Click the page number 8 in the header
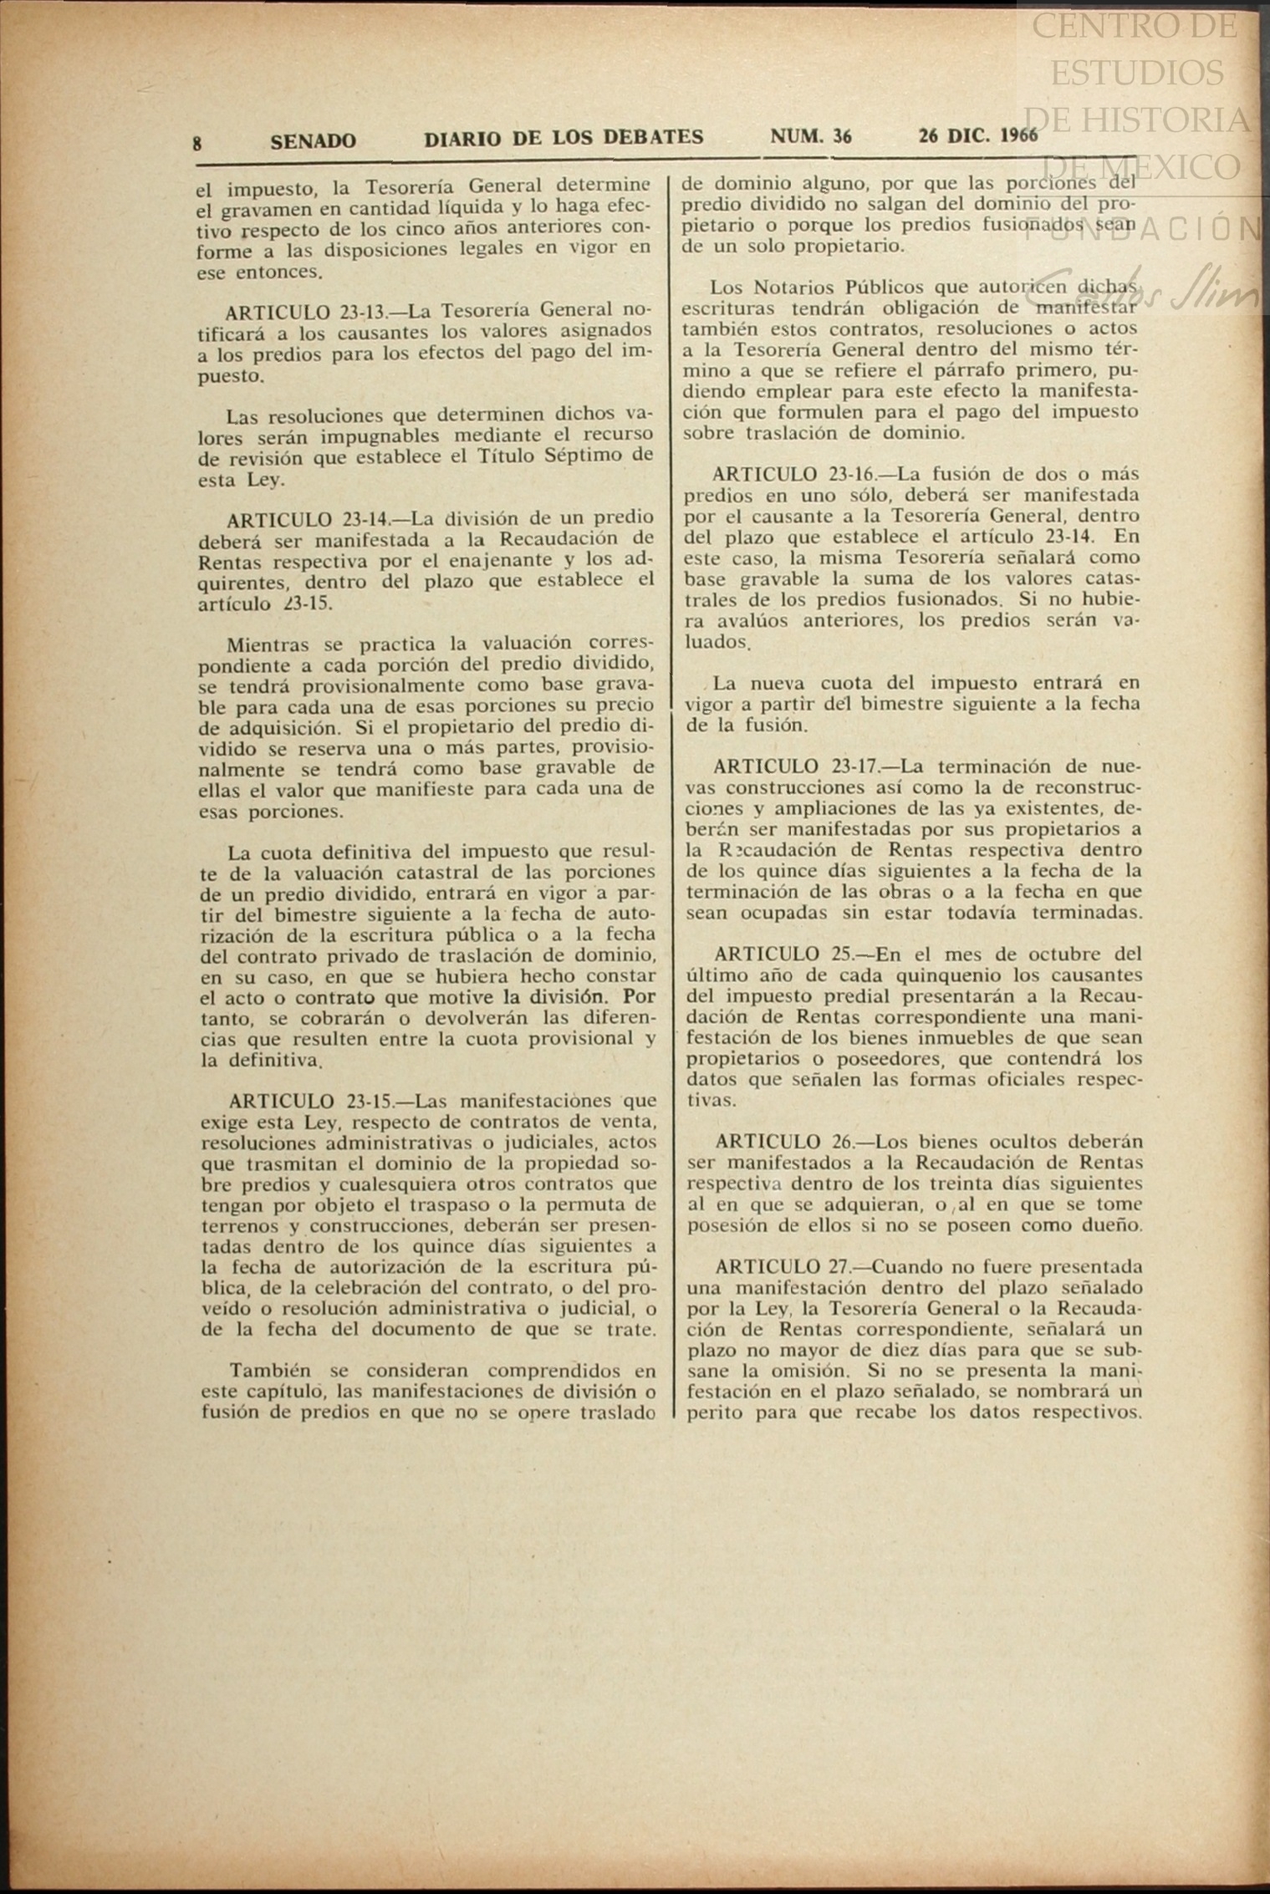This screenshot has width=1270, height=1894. pyautogui.click(x=197, y=142)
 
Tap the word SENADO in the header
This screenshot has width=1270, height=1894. pyautogui.click(x=313, y=140)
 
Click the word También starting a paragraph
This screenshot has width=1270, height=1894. pyautogui.click(x=270, y=1371)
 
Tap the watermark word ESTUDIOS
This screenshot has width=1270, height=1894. pyautogui.click(x=1136, y=74)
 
